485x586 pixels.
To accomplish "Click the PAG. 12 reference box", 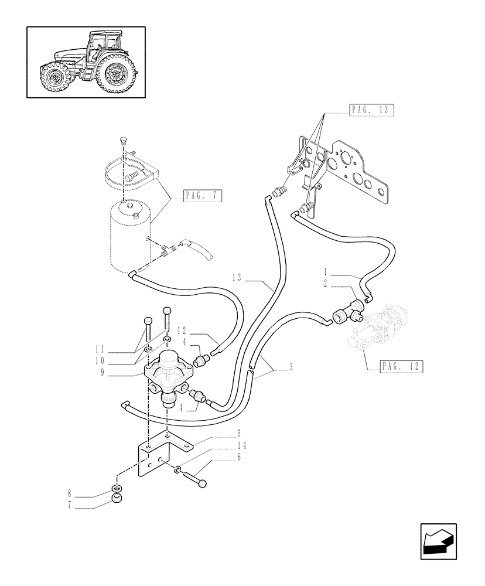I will (x=401, y=367).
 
